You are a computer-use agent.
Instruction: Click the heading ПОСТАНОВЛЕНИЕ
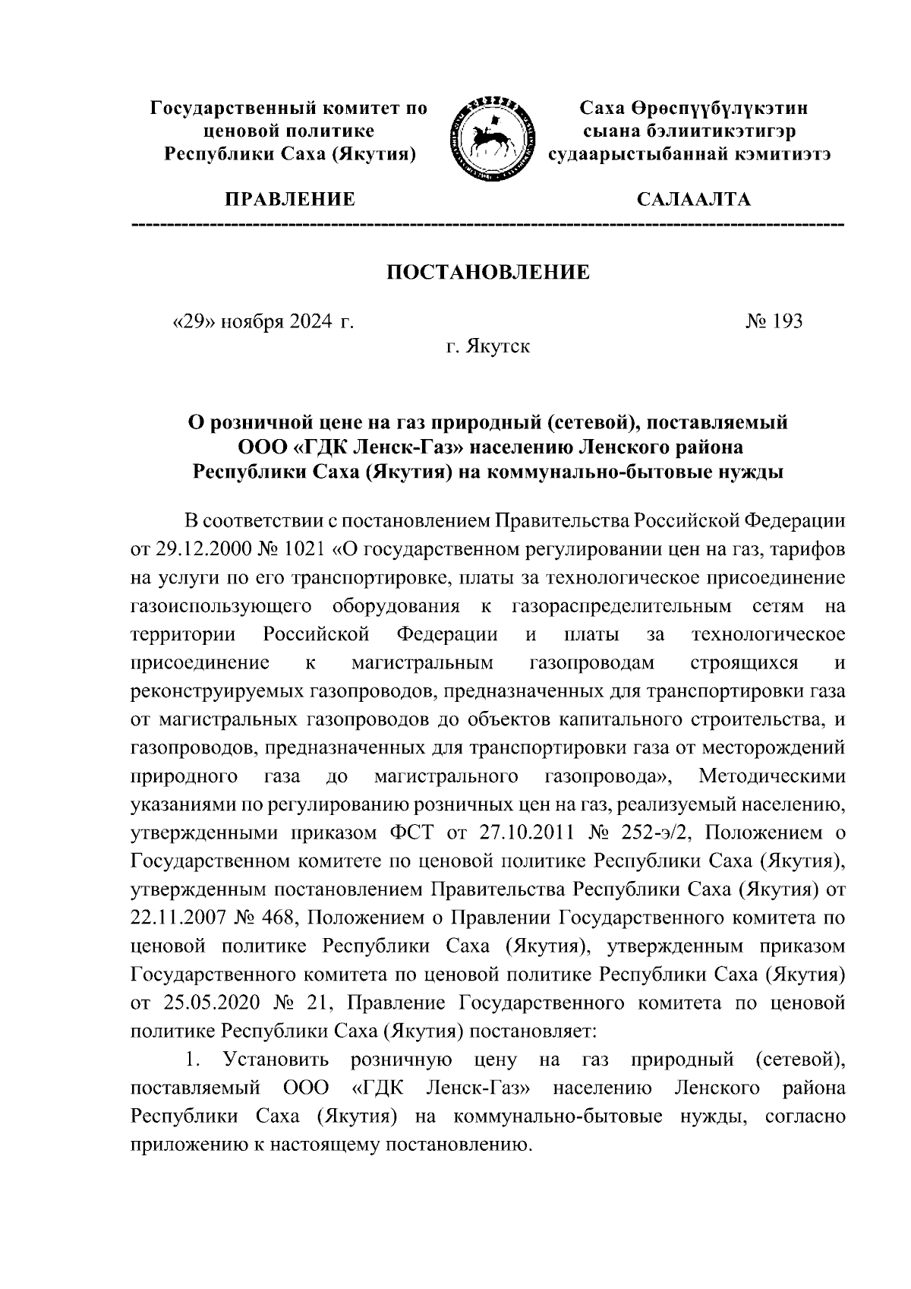pyautogui.click(x=488, y=272)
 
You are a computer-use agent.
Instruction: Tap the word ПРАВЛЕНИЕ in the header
pyautogui.click(x=288, y=200)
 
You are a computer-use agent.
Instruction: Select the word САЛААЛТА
pyautogui.click(x=693, y=200)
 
